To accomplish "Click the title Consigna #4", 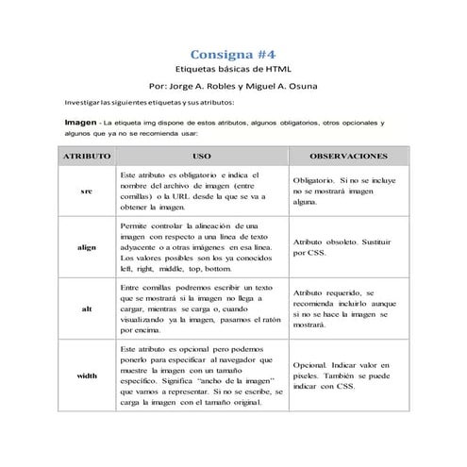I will click(233, 54).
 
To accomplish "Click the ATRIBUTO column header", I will click(86, 153).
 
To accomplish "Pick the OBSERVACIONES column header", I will click(349, 153).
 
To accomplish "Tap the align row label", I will click(86, 247).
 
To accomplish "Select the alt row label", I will click(86, 308).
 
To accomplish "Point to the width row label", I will click(86, 376).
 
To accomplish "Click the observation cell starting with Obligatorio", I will click(349, 191).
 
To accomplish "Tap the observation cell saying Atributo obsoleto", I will click(349, 247).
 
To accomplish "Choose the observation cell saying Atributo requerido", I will click(349, 308).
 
